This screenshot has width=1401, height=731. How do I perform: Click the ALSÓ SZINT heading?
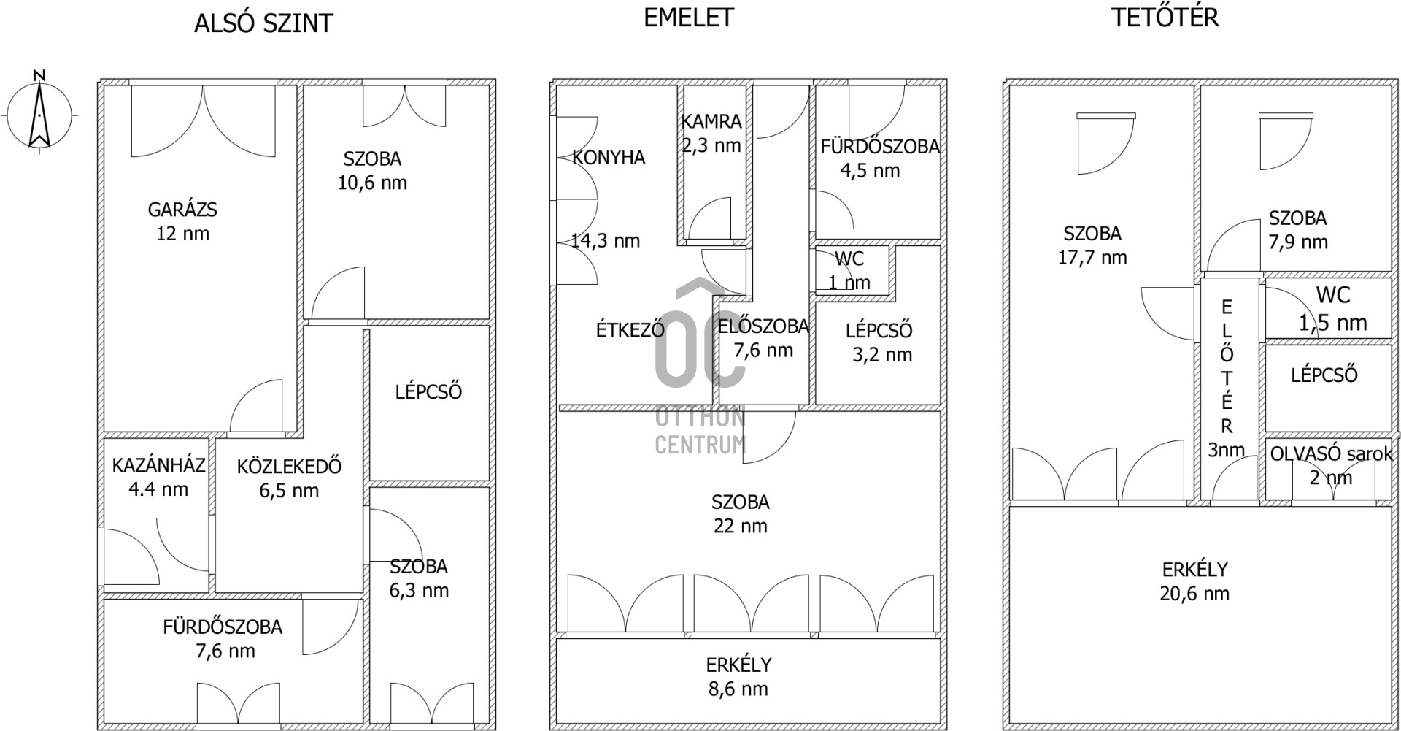tap(263, 23)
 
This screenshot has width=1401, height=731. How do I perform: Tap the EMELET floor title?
tap(688, 18)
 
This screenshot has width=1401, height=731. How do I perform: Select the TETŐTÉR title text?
tap(1165, 17)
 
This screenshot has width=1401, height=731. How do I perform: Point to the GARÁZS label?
tap(182, 210)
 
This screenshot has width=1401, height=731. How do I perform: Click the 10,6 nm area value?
tap(372, 183)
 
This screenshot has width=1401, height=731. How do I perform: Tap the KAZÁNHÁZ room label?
tap(158, 465)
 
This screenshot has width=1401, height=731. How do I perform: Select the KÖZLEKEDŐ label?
tap(289, 466)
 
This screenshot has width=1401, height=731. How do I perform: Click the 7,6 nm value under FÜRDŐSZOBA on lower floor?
tap(225, 651)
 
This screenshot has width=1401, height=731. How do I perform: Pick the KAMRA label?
tap(711, 121)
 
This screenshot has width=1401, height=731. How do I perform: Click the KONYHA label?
tap(609, 158)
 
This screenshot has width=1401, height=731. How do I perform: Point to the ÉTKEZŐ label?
tap(630, 329)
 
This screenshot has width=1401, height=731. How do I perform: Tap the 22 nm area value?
tap(741, 526)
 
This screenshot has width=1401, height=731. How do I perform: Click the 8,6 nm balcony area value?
tap(738, 689)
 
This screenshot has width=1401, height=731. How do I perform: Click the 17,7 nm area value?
tap(1092, 257)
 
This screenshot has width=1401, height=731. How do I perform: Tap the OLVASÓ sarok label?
tap(1331, 453)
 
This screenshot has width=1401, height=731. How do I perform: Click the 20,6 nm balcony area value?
tap(1194, 594)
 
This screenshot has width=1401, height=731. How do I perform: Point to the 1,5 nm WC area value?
tap(1332, 322)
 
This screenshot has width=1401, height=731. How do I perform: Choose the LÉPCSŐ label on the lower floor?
tap(428, 391)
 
